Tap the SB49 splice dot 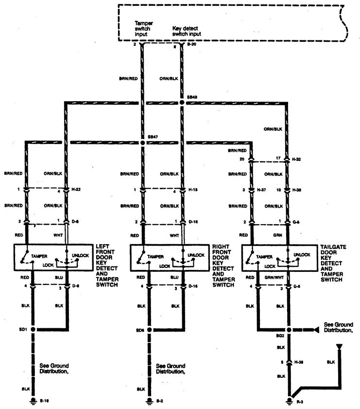pos(182,103)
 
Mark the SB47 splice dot pos(142,143)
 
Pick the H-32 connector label pos(297,159)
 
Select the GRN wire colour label pos(278,234)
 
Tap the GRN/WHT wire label pos(275,277)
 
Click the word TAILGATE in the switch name pos(334,247)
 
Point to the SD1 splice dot pos(33,329)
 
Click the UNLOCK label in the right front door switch pos(195,254)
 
